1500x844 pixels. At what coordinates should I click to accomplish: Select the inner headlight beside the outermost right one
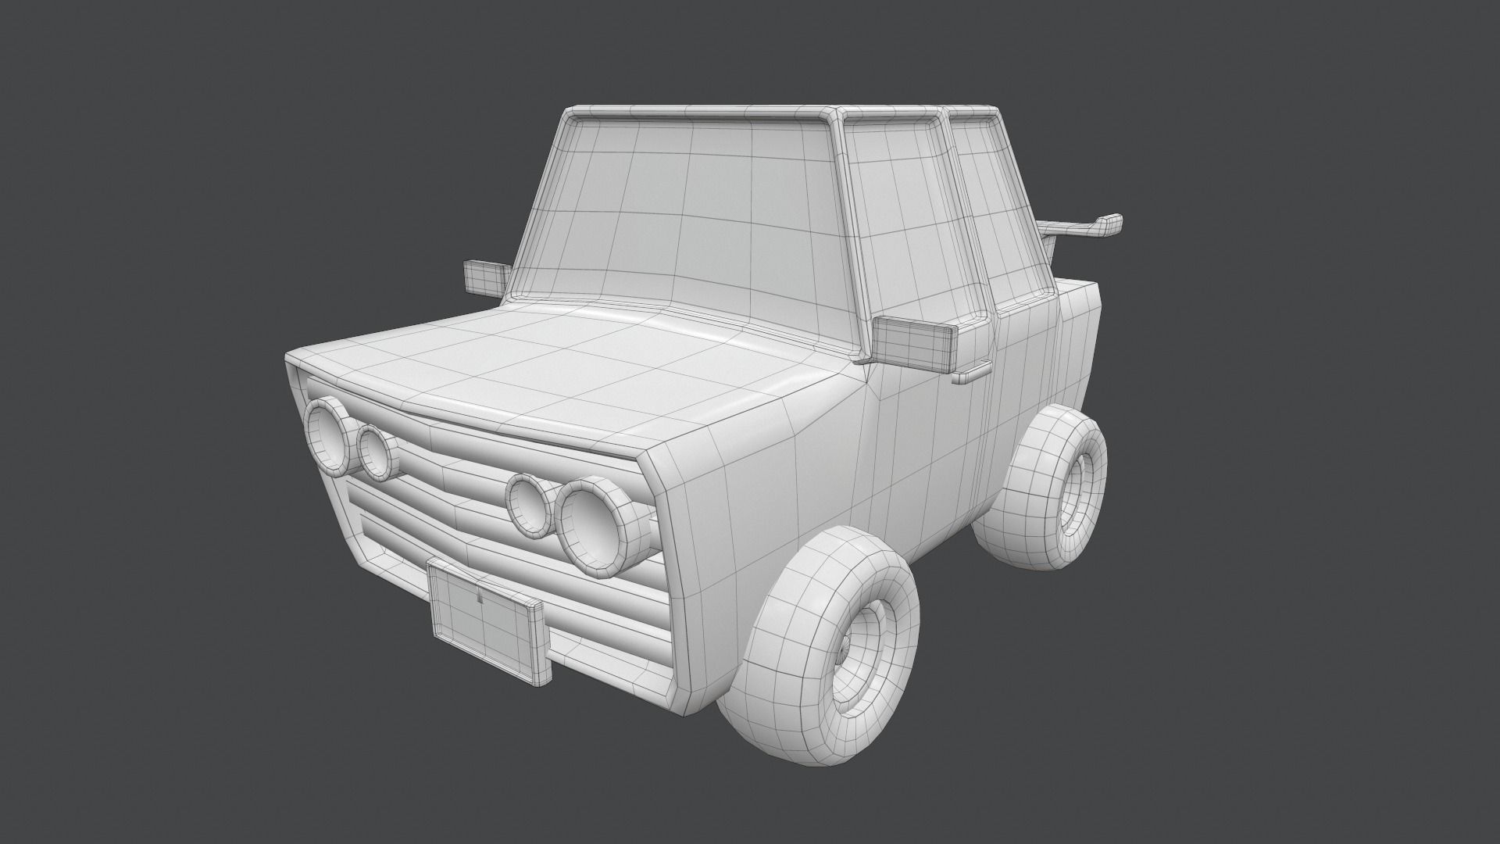point(376,452)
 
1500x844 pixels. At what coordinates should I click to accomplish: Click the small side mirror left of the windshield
point(484,277)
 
